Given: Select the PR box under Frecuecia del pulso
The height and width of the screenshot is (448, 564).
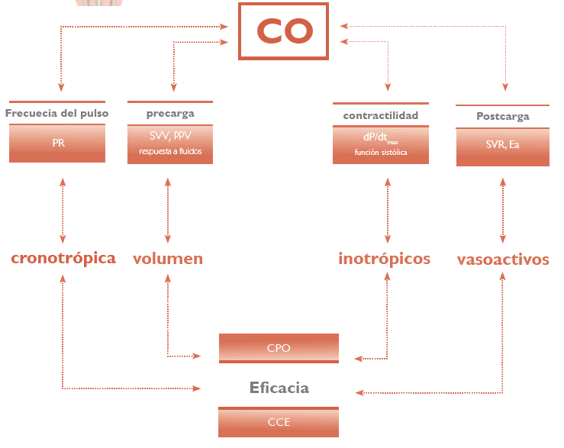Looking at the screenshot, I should click(x=58, y=143).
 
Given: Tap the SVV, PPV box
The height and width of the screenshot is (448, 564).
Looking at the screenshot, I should click(x=170, y=143).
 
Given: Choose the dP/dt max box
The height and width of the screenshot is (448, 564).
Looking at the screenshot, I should click(x=380, y=143).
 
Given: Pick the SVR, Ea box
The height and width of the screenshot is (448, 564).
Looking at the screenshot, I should click(x=502, y=145).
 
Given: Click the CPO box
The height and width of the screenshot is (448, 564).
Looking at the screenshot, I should click(x=279, y=348).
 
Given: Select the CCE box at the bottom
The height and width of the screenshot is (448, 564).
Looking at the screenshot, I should click(x=279, y=422).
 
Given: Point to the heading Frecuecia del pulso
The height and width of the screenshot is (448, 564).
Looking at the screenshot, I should click(x=57, y=113).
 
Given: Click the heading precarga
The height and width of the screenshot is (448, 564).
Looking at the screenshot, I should click(x=170, y=113).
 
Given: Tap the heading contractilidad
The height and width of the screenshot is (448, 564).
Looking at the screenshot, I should click(x=380, y=115).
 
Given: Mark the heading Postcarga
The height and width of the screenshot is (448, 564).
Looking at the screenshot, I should click(x=502, y=117).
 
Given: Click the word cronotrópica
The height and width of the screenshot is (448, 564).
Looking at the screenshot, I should click(x=63, y=258).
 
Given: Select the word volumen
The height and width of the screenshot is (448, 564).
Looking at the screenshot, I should click(x=168, y=259).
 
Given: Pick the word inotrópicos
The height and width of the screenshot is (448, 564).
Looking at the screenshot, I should click(x=384, y=259).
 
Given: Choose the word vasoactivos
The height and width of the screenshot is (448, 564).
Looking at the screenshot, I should click(x=503, y=259).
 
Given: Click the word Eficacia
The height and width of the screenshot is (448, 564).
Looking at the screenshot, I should click(x=279, y=388).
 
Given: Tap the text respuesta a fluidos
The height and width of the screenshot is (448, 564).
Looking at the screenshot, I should click(x=170, y=151).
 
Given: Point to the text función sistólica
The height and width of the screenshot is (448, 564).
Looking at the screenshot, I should click(x=380, y=153).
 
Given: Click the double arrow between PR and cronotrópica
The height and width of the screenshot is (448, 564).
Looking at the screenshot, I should click(x=63, y=208).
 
